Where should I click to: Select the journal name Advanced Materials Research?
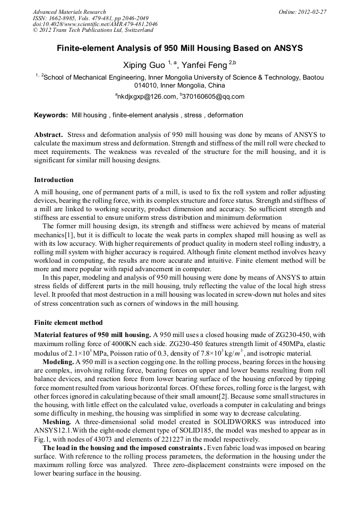point(69,12)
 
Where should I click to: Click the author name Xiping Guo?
point(144,65)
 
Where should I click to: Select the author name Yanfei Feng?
point(204,65)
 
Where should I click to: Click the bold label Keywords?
point(51,115)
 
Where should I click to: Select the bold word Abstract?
point(49,135)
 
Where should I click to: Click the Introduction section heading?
point(54,180)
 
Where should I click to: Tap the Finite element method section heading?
point(68,323)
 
